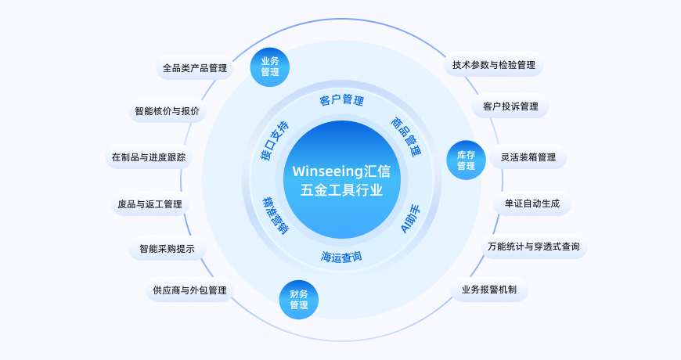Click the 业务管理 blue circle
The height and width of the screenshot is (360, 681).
(270, 67)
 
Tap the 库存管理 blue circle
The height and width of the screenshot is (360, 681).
(466, 160)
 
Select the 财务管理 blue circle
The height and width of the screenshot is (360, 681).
(299, 300)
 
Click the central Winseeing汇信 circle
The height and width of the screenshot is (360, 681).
(341, 180)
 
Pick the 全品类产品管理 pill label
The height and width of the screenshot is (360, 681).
(195, 68)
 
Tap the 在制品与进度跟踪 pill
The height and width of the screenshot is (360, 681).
(149, 157)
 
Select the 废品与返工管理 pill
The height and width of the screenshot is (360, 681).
(150, 204)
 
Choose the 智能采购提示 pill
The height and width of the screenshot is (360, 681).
(168, 250)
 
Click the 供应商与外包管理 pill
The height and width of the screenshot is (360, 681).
(189, 290)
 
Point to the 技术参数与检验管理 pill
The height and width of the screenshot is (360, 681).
(494, 65)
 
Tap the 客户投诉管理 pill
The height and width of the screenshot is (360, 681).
(510, 106)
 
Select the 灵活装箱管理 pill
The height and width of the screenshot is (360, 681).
(528, 157)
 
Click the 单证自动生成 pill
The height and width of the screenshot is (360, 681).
(532, 203)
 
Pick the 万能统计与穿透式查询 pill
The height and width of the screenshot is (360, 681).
(534, 247)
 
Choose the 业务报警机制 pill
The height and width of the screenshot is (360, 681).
(489, 290)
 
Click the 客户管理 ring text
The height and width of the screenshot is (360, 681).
(341, 100)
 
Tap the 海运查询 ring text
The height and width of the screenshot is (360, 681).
(341, 257)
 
